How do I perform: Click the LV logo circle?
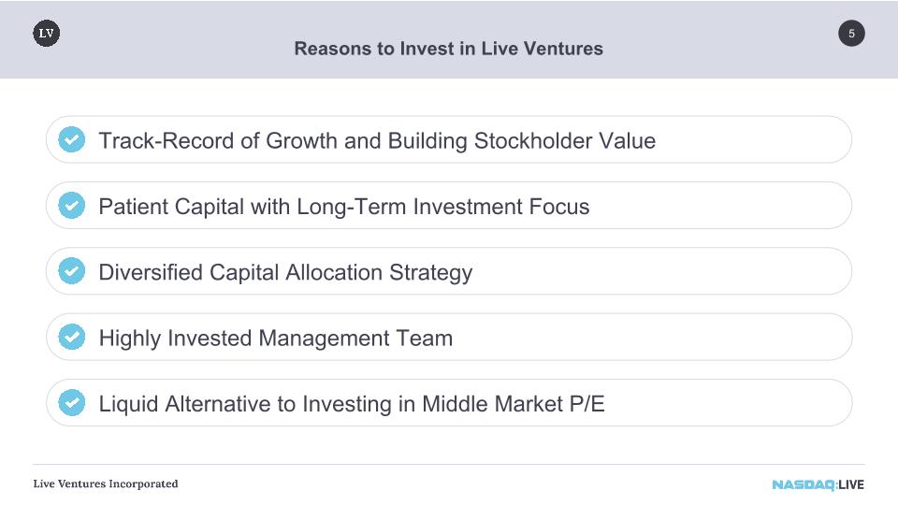[x=47, y=34]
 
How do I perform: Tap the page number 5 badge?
[x=851, y=34]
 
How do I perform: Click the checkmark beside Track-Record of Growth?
[x=72, y=139]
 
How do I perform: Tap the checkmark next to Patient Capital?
[x=72, y=205]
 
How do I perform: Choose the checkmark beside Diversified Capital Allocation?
[x=72, y=271]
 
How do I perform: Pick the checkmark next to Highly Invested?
[x=72, y=337]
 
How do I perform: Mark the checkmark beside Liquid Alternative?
[x=72, y=402]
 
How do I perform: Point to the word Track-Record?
[x=167, y=141]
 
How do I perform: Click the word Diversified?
[x=151, y=272]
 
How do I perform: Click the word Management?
[x=325, y=339]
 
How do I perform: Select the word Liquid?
[x=129, y=405]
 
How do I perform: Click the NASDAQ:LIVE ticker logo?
[x=818, y=485]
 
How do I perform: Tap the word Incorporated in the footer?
[x=143, y=483]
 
